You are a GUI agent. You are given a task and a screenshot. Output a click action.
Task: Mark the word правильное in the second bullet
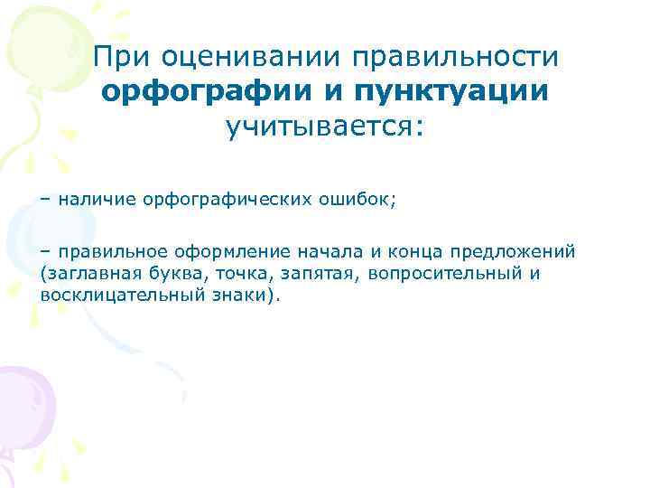110,250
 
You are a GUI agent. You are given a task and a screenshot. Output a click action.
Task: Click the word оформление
229,250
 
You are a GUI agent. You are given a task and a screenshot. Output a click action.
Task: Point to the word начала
328,250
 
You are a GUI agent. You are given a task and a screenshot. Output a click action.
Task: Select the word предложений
512,250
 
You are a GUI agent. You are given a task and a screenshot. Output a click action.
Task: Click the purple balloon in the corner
25,407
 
